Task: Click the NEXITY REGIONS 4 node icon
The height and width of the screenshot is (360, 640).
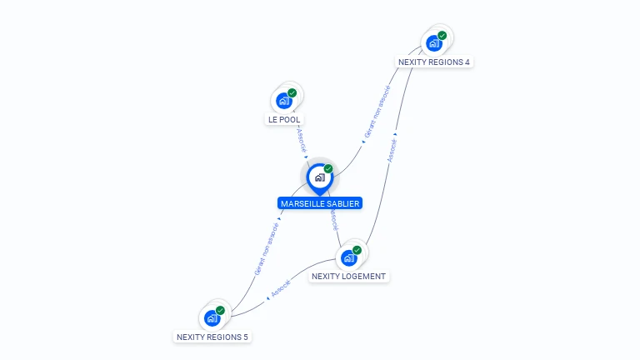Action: click(x=433, y=43)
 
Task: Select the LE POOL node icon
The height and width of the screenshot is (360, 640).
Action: click(x=284, y=101)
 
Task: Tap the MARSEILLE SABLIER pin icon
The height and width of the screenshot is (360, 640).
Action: click(x=319, y=177)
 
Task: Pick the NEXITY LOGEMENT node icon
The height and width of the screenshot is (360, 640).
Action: click(x=349, y=257)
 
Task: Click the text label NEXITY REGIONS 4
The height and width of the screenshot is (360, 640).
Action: click(x=434, y=62)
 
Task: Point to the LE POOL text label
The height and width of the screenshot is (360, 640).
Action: click(x=284, y=120)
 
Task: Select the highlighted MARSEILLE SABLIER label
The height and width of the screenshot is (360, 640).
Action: click(x=320, y=203)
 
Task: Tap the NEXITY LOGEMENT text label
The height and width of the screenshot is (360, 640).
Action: click(x=349, y=276)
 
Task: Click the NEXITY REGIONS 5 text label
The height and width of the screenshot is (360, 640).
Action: click(x=212, y=337)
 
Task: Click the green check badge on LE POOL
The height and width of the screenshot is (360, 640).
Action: click(x=292, y=93)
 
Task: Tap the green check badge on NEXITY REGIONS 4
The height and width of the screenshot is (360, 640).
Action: click(x=442, y=36)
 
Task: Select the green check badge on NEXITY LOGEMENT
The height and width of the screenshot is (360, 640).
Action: click(x=357, y=250)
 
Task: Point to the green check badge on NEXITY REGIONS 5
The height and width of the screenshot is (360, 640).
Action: click(x=220, y=310)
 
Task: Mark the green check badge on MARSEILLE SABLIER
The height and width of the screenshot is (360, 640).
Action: click(x=328, y=169)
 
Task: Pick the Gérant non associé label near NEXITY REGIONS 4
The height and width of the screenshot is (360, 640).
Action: click(x=377, y=112)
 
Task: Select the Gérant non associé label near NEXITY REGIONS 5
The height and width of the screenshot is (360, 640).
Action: click(x=266, y=249)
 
